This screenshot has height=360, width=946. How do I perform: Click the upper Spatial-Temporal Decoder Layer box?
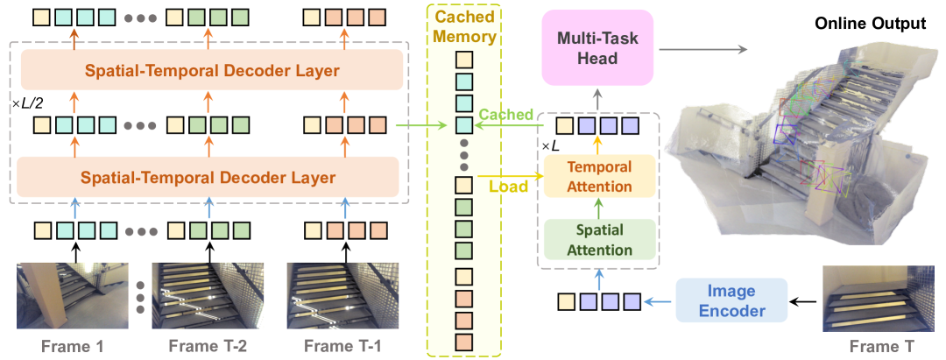point(208,69)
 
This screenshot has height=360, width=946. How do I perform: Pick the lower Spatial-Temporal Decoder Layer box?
point(208,178)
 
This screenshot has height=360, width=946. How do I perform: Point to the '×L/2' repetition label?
point(25,103)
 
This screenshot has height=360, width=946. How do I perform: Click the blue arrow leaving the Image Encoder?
point(659,300)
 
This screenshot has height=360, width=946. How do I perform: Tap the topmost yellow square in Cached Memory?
point(463,60)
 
